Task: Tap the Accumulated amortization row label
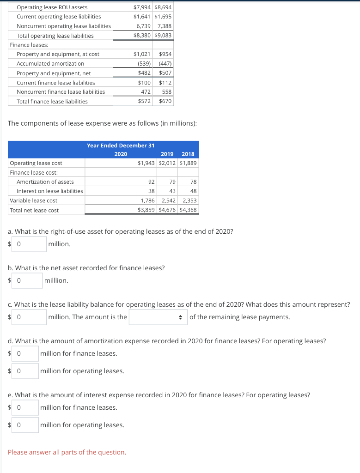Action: click(50, 63)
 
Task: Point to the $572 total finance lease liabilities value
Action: click(144, 101)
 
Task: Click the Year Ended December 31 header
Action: click(121, 146)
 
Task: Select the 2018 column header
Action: click(188, 154)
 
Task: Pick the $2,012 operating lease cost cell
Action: click(167, 163)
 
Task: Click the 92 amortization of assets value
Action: click(151, 182)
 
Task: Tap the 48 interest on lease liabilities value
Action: click(193, 191)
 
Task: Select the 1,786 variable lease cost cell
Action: click(148, 200)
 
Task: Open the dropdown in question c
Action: click(158, 317)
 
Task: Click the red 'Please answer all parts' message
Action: click(67, 452)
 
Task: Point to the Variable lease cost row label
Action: click(33, 200)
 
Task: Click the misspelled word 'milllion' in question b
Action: click(56, 280)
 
